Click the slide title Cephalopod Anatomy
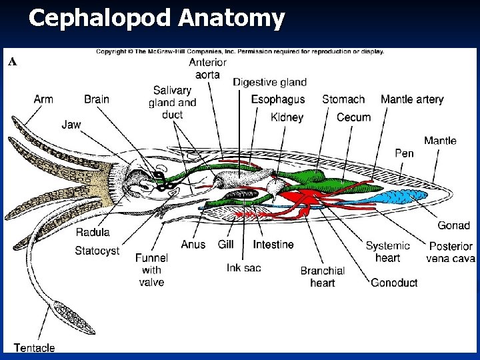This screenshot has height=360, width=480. [157, 19]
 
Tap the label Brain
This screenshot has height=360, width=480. [97, 99]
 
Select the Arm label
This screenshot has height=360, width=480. [43, 99]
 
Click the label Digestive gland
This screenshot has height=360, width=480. [269, 82]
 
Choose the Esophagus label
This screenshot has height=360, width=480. [277, 99]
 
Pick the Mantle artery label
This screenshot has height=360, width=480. [412, 99]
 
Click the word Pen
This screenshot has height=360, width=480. [404, 153]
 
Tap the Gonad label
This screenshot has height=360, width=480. [453, 225]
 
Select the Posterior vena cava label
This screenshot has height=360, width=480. [451, 252]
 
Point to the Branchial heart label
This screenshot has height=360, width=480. [323, 276]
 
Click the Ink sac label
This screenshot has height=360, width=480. [243, 267]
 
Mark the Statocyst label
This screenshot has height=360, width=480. [97, 251]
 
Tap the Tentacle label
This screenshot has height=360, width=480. [34, 347]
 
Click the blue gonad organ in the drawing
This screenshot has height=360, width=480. [399, 197]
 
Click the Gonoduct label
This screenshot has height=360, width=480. [394, 283]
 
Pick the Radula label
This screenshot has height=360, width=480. [93, 233]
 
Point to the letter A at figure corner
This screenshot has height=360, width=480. [11, 61]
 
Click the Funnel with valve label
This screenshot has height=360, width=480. [151, 270]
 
